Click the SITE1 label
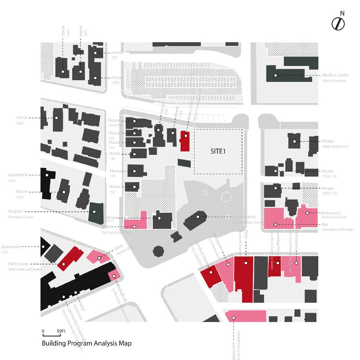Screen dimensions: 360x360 click(x=218, y=151)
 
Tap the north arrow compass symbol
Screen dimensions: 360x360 click(x=338, y=24)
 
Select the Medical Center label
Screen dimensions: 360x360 click(x=335, y=75)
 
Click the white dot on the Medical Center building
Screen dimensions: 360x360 click(x=275, y=75)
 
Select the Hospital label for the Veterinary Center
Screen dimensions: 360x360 click(x=15, y=211)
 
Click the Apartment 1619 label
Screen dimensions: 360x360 click(x=18, y=175)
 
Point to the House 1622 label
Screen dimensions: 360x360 click(x=22, y=118)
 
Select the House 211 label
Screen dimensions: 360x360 click(x=117, y=53)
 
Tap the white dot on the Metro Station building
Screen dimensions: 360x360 click(x=198, y=217)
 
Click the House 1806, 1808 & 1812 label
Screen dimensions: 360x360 click(x=328, y=141)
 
